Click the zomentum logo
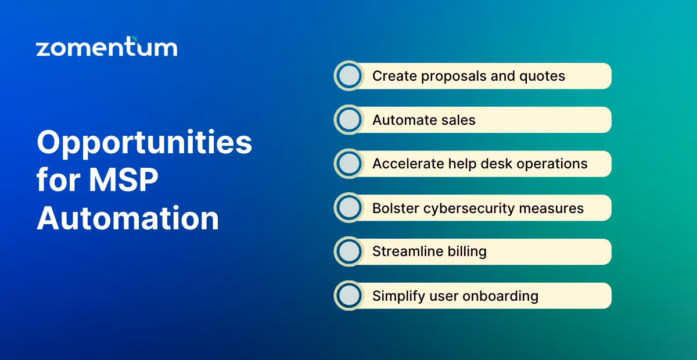106,47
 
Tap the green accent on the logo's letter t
135,39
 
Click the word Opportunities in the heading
144,143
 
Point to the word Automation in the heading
128,219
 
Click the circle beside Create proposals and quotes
349,76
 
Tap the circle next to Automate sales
349,120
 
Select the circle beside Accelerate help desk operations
349,164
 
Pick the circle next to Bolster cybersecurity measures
349,208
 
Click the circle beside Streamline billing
349,252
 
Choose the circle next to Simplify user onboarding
349,296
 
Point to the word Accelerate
408,164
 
